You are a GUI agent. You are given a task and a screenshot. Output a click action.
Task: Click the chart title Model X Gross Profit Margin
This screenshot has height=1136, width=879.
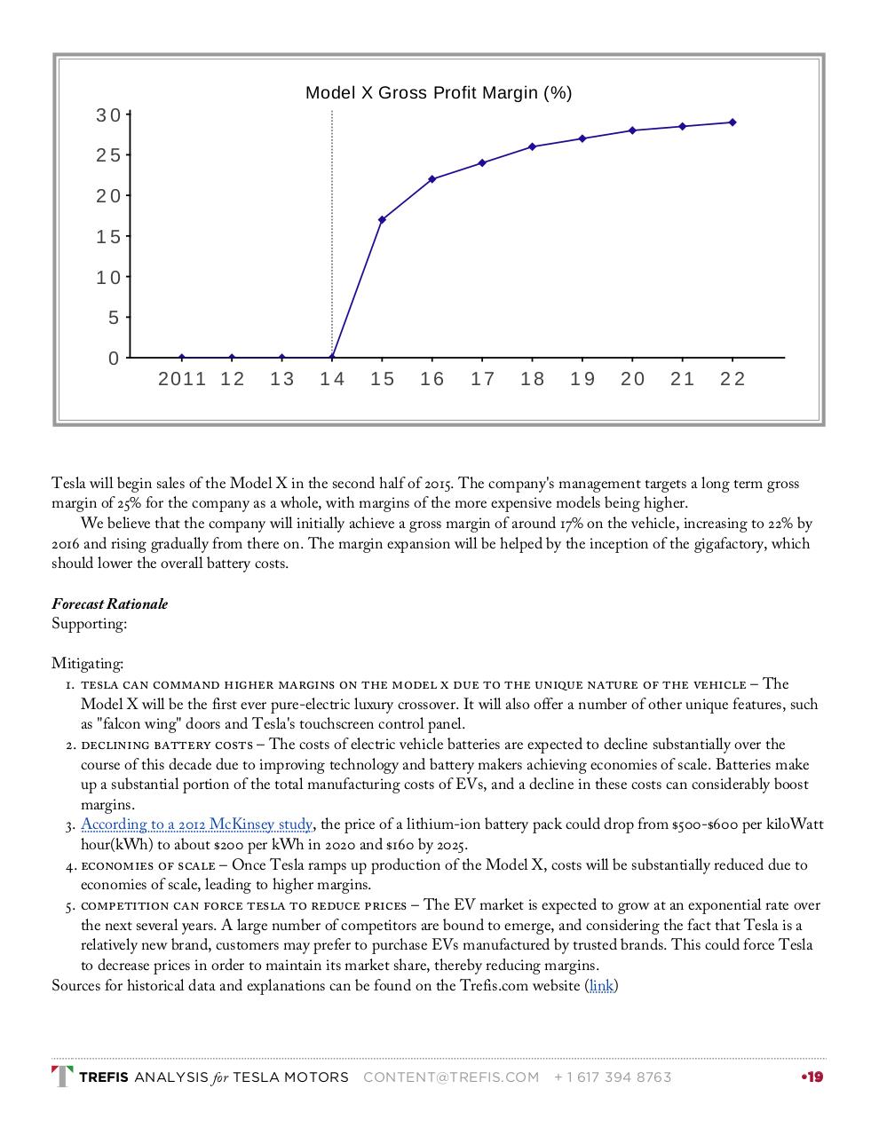click(x=438, y=93)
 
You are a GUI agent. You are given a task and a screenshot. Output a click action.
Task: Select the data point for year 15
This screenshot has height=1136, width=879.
click(x=382, y=219)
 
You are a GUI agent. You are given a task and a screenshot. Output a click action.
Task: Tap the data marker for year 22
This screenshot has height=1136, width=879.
click(x=732, y=122)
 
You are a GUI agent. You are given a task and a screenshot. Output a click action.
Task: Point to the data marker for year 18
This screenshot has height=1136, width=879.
click(x=532, y=146)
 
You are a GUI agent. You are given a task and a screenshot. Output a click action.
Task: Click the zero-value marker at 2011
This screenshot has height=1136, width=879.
click(x=182, y=358)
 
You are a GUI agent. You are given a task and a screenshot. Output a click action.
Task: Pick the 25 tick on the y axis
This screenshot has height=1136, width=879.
click(x=108, y=156)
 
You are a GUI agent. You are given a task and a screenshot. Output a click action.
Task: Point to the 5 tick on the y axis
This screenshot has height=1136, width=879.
click(x=114, y=318)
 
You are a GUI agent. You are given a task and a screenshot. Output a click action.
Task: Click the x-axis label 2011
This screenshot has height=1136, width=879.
click(x=182, y=380)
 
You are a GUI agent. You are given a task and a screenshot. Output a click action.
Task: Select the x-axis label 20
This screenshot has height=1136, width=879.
click(x=632, y=380)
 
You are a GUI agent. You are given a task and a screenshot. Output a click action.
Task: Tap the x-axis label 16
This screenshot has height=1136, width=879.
click(x=432, y=380)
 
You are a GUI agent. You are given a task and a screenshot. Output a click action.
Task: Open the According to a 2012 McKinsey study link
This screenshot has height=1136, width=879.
click(x=196, y=824)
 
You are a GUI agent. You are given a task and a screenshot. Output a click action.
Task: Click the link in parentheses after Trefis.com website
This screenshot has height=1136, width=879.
click(x=601, y=986)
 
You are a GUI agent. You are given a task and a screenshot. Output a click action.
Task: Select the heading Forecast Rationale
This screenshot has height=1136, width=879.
click(x=109, y=604)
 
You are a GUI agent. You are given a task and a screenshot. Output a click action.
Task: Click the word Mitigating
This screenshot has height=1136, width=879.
click(x=87, y=664)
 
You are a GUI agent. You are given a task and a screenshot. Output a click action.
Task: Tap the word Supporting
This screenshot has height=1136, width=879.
click(x=89, y=624)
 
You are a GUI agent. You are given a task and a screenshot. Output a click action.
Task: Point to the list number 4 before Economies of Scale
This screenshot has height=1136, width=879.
click(x=69, y=865)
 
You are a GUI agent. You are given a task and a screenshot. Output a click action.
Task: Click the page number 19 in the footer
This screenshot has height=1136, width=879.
click(x=814, y=1077)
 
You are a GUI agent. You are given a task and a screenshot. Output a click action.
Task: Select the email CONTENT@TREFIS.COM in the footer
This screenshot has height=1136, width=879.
click(x=451, y=1077)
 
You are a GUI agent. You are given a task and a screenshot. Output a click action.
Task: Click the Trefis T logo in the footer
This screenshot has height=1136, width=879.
click(x=62, y=1077)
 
